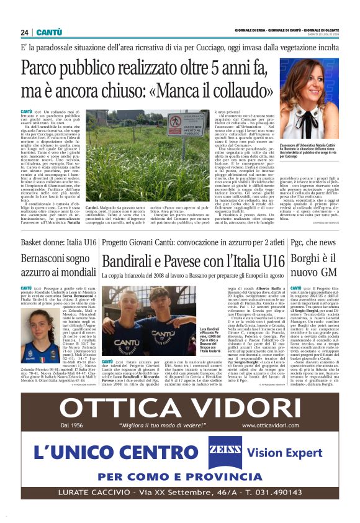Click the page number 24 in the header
[x=25, y=32]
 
